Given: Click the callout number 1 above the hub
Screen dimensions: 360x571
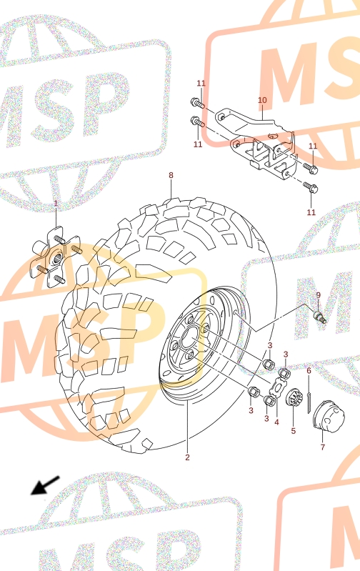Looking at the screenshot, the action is coord(56,203).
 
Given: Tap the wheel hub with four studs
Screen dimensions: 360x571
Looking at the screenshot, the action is coord(56,257).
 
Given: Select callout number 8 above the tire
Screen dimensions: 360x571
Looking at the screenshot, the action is coord(171,175).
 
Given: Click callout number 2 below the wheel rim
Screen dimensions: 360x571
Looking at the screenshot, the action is coord(187,457).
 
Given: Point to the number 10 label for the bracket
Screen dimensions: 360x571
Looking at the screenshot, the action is coord(262,100).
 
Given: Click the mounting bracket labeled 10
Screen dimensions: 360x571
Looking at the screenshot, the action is coord(259,142).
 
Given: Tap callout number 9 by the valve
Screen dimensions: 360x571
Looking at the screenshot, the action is coord(318,295).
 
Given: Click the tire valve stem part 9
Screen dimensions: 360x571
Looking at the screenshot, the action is coord(320,317).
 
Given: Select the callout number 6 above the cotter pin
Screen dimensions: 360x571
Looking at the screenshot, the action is coord(309,371).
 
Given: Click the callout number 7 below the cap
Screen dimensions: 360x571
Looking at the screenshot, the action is coord(323,447).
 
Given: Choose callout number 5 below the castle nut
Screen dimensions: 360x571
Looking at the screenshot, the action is coord(294,431).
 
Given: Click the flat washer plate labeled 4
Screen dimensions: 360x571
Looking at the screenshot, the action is coord(279,387).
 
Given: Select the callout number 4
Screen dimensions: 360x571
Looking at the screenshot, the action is coord(276,422).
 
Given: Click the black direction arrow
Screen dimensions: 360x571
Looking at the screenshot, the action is coord(45,485).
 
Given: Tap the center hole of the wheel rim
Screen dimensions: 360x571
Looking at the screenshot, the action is coord(189,338).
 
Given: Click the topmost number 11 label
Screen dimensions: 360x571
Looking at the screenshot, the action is coord(201,84).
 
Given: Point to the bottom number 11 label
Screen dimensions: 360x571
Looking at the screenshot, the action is coord(311,212).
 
